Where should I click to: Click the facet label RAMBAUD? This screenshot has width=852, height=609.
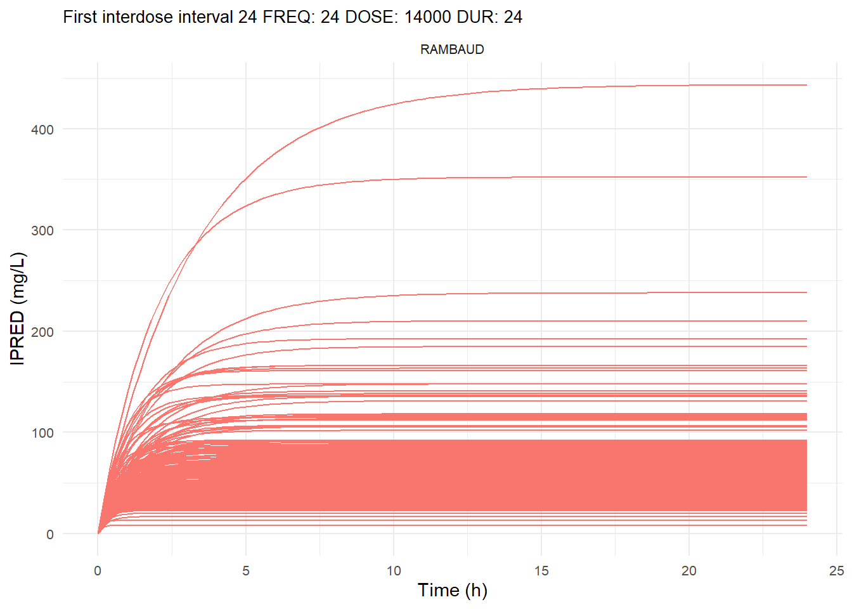point(452,49)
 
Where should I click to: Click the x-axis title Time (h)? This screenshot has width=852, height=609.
point(452,590)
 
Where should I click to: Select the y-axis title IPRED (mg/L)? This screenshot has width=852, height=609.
point(18,308)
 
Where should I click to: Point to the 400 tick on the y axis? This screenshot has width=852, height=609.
point(42,129)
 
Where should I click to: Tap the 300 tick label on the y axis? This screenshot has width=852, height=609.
point(42,230)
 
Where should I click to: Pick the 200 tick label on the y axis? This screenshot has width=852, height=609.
point(42,332)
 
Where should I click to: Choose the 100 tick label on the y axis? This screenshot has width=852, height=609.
point(42,433)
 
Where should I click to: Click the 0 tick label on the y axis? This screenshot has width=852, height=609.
point(50,534)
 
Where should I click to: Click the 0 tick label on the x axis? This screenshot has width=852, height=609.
point(98,570)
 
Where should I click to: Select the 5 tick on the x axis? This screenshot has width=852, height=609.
point(246,570)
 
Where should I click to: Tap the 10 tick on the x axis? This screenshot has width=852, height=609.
point(394,570)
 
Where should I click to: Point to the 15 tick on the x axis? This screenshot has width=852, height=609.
point(541,570)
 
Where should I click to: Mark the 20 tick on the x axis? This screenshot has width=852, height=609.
point(689,570)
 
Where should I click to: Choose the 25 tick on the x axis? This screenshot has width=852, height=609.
point(837,570)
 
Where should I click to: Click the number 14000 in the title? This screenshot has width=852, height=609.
point(428,17)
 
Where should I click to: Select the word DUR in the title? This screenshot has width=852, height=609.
point(480,17)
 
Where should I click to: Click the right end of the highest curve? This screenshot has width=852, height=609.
point(806,85)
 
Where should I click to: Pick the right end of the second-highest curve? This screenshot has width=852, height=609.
point(806,177)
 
